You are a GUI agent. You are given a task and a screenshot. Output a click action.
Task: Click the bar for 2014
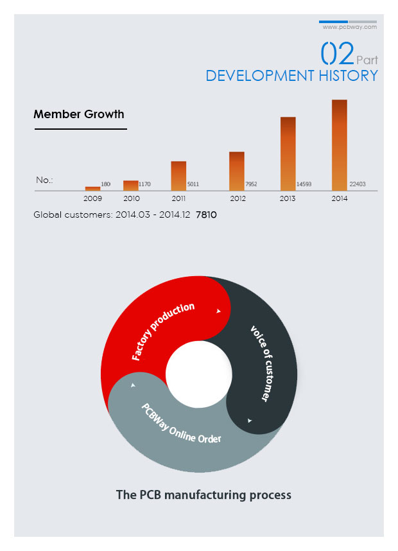tap(340, 144)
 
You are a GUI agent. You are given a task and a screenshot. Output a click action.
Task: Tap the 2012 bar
tap(237, 170)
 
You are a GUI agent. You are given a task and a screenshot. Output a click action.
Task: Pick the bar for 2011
tap(178, 175)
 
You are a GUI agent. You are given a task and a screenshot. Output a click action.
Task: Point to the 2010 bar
tap(131, 185)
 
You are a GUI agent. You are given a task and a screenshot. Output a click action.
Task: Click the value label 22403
tap(358, 184)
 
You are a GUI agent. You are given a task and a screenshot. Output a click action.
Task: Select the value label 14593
tap(304, 184)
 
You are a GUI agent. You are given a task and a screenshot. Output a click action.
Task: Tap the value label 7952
tap(251, 184)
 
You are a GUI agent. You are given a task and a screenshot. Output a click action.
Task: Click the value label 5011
tap(193, 184)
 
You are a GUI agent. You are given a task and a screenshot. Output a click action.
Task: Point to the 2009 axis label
tap(93, 199)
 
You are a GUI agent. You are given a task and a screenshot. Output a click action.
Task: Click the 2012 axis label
tap(238, 199)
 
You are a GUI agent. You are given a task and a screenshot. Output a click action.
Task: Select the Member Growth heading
tap(79, 114)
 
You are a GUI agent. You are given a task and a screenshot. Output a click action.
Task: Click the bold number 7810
tap(206, 214)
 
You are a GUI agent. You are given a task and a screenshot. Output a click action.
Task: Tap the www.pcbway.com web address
tap(350, 28)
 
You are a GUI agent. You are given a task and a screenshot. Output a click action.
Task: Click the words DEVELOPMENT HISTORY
tap(291, 76)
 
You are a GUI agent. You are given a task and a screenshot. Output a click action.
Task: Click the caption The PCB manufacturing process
tap(203, 495)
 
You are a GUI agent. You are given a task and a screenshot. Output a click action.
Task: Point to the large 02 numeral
tap(337, 54)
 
